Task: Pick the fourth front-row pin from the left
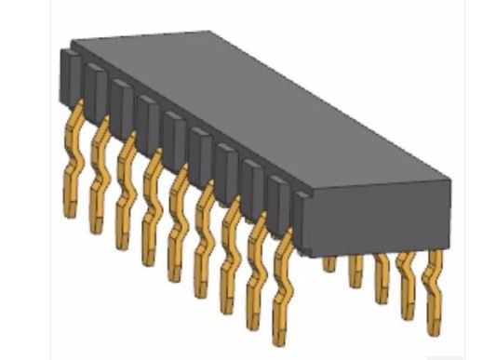click(148, 210)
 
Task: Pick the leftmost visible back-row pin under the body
click(329, 264)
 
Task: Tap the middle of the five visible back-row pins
click(381, 279)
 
